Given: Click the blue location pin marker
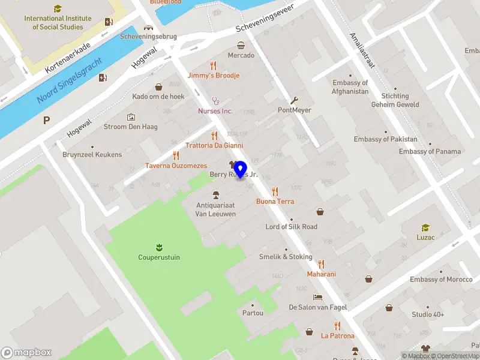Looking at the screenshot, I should [241, 169].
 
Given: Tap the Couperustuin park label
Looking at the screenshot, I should [159, 257].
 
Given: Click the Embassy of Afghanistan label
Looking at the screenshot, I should [350, 87].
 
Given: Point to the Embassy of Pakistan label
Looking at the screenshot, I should [385, 139].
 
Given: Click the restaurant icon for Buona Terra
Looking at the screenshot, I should [275, 191].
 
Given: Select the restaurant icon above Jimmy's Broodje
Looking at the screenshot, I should [213, 65].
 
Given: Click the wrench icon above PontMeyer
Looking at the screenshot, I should [294, 100].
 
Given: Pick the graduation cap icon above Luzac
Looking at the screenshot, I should [425, 227].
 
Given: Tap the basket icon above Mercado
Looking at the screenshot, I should [241, 45].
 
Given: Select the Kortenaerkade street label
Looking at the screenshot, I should [68, 58].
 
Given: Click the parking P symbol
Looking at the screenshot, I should [46, 120].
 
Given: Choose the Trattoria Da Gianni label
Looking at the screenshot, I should [214, 145].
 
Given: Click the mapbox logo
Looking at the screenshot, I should [27, 353].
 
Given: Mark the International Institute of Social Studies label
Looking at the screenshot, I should [58, 22].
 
